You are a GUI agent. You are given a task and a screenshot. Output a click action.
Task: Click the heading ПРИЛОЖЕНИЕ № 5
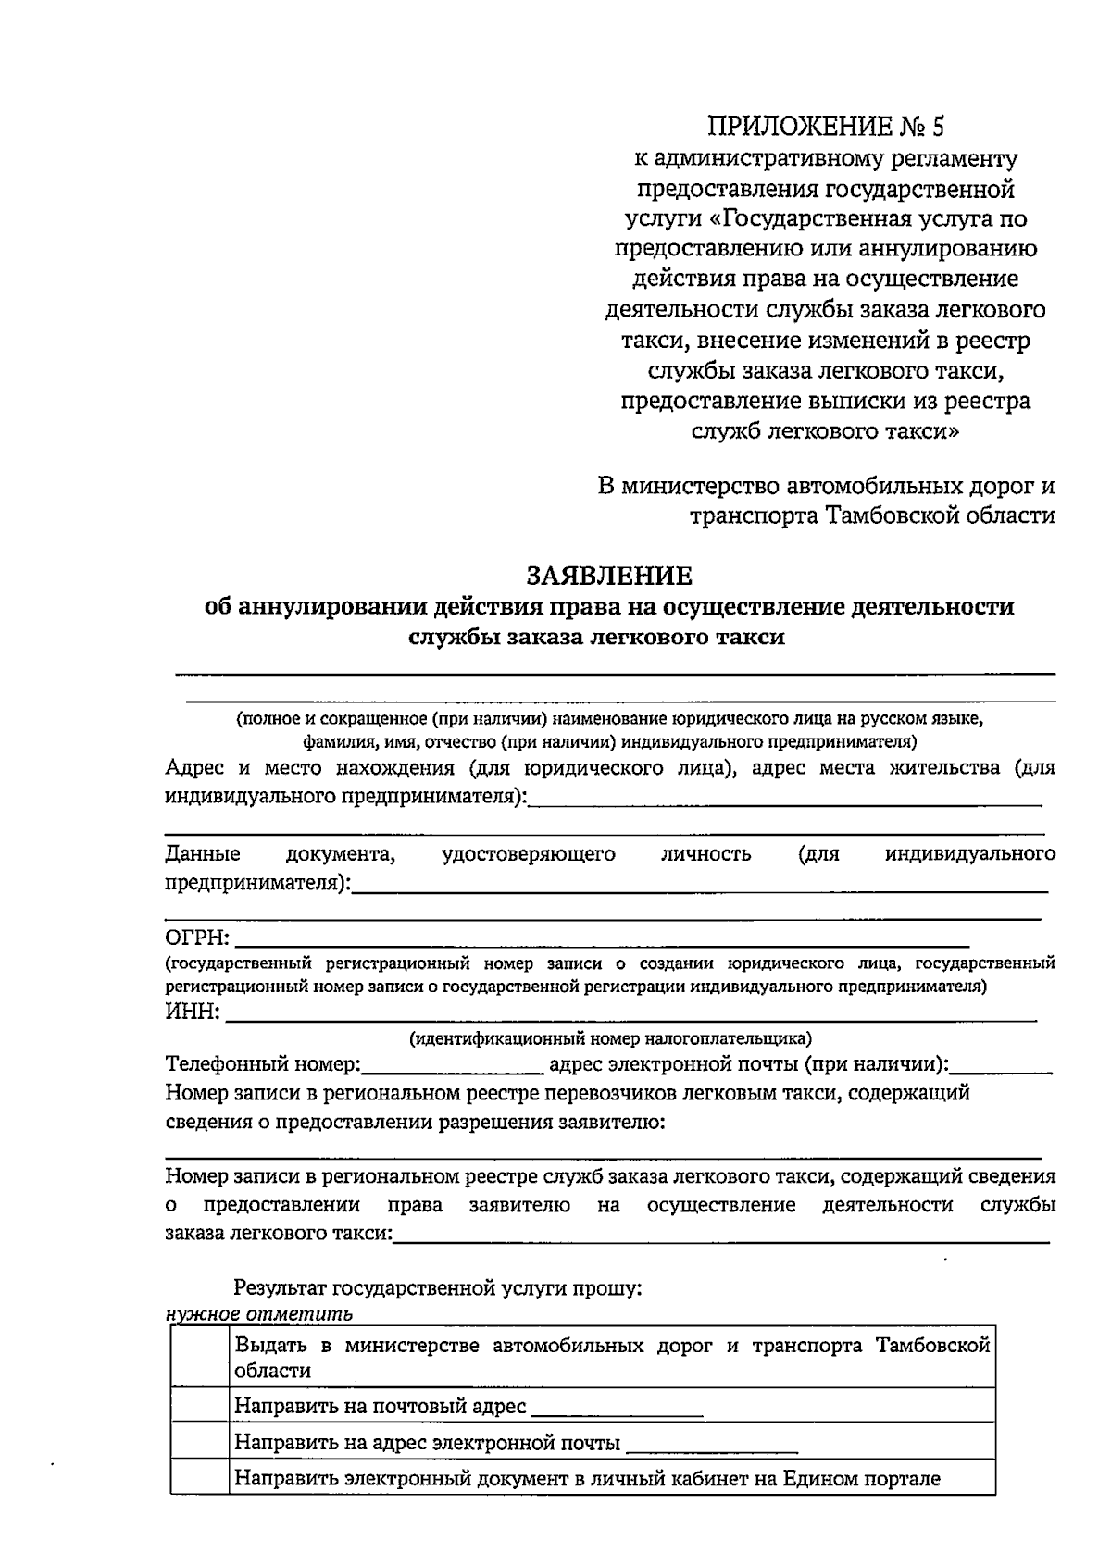click(826, 127)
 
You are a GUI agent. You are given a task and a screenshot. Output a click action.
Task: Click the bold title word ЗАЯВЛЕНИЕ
click(609, 577)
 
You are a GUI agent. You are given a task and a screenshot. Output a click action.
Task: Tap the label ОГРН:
click(196, 940)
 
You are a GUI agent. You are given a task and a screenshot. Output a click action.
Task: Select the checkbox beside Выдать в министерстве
click(199, 1357)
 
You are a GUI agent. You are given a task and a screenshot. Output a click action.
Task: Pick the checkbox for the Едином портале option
click(199, 1478)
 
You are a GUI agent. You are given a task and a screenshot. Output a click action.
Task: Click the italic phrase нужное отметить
click(258, 1314)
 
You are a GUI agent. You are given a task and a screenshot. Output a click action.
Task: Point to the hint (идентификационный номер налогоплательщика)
click(610, 1037)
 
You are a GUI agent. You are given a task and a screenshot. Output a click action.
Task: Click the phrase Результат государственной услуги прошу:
click(437, 1287)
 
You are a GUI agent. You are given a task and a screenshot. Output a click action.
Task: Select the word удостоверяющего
click(529, 854)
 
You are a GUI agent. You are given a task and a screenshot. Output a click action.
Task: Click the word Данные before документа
click(203, 854)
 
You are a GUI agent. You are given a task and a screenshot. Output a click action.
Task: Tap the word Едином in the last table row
click(819, 1478)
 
